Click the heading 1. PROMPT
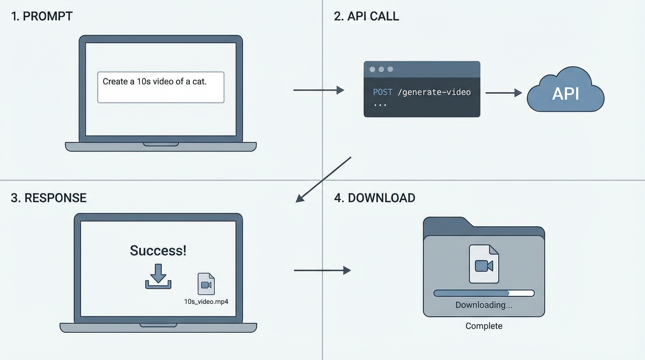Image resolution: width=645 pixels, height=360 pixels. (x=42, y=16)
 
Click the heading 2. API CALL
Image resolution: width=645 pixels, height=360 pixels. (x=366, y=16)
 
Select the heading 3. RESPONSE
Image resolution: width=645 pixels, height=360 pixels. (x=49, y=198)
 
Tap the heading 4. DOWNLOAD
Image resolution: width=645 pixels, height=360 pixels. (x=374, y=198)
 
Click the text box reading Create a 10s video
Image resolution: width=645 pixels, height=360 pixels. (x=160, y=87)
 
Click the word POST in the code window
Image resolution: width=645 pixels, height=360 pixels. (x=382, y=92)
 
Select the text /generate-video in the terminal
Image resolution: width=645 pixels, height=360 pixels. (x=434, y=92)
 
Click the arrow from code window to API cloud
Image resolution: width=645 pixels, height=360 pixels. (x=503, y=93)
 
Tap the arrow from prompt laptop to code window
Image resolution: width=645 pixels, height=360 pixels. (x=319, y=90)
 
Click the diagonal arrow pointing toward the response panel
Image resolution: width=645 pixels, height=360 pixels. (x=323, y=180)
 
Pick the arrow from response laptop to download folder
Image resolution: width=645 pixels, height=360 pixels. (x=322, y=270)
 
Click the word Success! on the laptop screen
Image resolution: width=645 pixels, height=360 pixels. (x=158, y=250)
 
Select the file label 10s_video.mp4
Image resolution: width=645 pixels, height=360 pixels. (x=206, y=301)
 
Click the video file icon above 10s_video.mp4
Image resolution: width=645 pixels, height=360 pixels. (x=206, y=284)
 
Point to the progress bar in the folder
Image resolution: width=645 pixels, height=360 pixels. (x=484, y=293)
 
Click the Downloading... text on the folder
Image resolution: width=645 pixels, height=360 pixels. (x=484, y=305)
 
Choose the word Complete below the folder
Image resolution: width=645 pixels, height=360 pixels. (x=484, y=326)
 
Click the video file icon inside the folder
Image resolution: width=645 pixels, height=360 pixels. (x=484, y=264)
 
